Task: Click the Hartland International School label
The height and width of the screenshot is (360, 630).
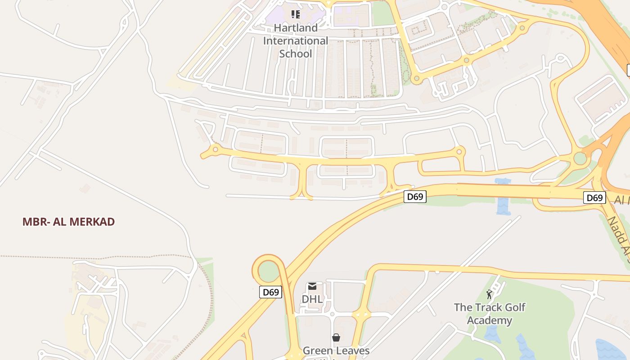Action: [295, 40]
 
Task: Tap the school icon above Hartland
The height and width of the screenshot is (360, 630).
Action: [295, 14]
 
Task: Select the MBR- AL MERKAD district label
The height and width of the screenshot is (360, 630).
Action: [68, 222]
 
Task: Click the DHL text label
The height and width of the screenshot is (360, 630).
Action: [312, 299]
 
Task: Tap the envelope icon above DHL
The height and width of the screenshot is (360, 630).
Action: [312, 286]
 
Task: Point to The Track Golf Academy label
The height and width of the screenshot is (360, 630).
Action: [490, 314]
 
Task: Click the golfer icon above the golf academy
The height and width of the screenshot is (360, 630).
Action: [489, 295]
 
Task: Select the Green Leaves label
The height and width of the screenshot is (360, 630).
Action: [336, 351]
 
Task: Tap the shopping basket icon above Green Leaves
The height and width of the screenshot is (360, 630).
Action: [336, 337]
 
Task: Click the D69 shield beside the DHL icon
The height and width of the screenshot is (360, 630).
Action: [271, 292]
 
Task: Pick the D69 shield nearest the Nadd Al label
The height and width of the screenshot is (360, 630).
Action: [594, 198]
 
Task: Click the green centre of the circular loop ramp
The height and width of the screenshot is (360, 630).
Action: [269, 272]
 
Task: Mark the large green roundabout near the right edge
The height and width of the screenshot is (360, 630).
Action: [580, 159]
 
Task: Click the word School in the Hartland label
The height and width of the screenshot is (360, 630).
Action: [295, 54]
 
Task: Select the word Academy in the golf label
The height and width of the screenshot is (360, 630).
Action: [490, 320]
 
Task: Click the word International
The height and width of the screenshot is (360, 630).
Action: [295, 40]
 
